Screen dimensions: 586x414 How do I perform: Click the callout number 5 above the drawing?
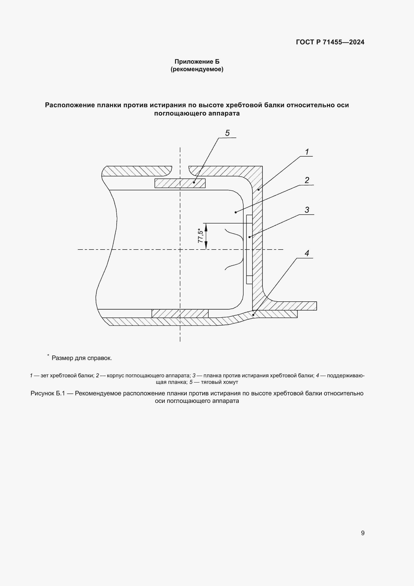(227, 133)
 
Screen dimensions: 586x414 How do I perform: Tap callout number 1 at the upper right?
(307, 152)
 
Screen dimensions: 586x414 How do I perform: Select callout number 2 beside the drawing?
(307, 180)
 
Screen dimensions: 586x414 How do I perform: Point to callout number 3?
(307, 210)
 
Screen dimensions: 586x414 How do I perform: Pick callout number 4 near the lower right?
(307, 253)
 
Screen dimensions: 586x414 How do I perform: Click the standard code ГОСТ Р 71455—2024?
(330, 42)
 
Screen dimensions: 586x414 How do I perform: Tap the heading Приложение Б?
(197, 62)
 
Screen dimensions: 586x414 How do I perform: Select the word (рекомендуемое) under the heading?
(197, 69)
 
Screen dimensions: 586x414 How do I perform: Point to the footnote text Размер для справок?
(82, 358)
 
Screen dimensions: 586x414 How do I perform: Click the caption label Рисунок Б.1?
(48, 393)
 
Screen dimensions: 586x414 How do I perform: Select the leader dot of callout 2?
(236, 212)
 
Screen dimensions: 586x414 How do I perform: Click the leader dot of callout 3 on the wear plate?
(249, 237)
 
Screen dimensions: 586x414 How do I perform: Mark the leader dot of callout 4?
(253, 315)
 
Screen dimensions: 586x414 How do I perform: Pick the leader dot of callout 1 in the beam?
(258, 190)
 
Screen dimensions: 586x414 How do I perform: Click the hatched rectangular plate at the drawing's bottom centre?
(180, 313)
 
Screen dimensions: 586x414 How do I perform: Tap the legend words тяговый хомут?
(219, 382)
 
